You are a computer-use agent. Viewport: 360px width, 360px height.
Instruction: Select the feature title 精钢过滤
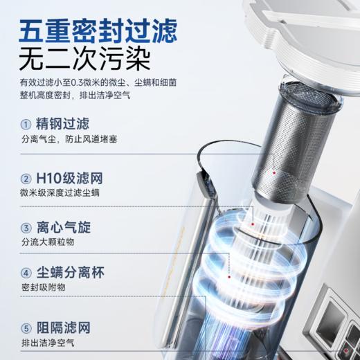[x=64, y=125]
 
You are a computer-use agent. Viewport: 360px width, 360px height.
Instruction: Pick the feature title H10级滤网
[x=68, y=177]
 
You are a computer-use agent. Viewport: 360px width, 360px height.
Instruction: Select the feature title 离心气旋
[x=64, y=228]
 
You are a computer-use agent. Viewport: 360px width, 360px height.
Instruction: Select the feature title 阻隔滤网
[x=64, y=327]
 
